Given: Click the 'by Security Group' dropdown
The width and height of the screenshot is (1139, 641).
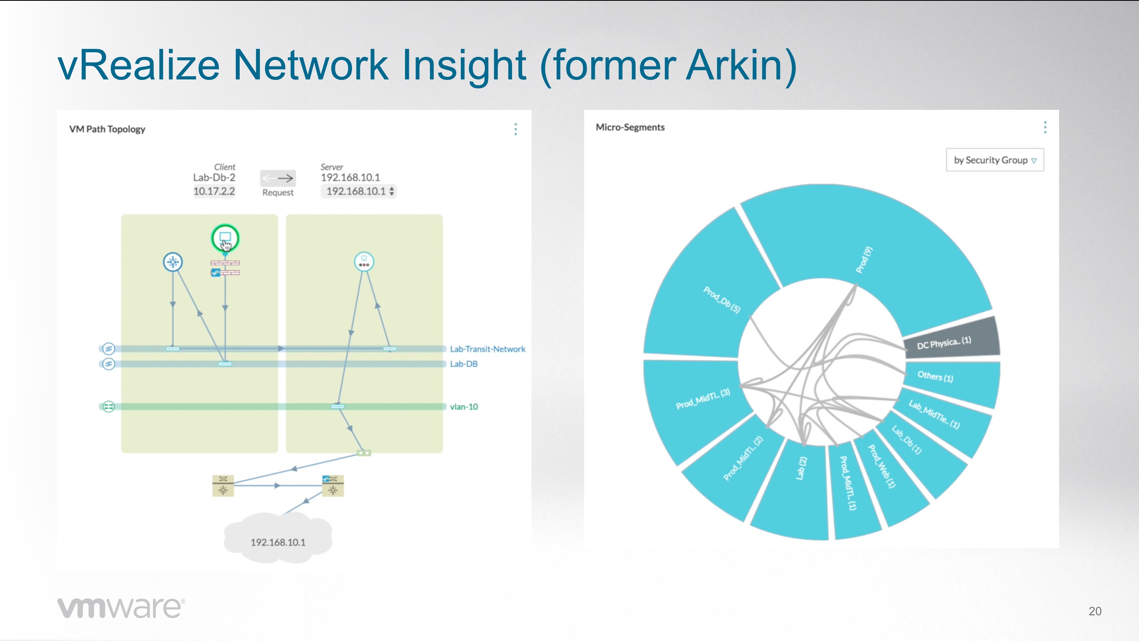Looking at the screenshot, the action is [995, 160].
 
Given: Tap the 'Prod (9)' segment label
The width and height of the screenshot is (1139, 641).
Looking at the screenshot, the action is [863, 260].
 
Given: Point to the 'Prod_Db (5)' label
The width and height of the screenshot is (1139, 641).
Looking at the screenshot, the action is [722, 300].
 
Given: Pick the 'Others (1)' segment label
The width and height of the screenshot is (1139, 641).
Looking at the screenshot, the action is [935, 376].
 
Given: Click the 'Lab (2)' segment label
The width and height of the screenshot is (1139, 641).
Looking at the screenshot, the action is [801, 468].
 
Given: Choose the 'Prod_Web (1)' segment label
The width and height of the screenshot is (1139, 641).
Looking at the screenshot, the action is [882, 466].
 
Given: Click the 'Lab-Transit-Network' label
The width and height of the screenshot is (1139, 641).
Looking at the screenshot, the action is [488, 349].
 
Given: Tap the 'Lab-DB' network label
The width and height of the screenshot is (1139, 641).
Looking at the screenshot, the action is [464, 364].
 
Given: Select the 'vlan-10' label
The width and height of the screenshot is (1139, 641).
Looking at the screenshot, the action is [464, 406].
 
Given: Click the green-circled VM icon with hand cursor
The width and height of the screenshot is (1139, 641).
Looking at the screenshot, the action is [225, 238].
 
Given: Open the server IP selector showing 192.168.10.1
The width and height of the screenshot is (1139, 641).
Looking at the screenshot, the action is [359, 191].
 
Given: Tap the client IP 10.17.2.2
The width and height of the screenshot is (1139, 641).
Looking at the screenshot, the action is [214, 191].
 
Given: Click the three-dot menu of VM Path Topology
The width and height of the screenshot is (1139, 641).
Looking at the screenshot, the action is [516, 129].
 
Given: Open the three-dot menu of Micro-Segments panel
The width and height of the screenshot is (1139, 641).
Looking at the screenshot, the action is [1045, 127].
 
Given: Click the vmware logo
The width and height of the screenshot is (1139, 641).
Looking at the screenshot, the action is [121, 608].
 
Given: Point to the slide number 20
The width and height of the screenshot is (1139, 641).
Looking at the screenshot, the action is [1095, 611].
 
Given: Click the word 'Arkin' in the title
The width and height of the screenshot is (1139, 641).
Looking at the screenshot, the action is [735, 65].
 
